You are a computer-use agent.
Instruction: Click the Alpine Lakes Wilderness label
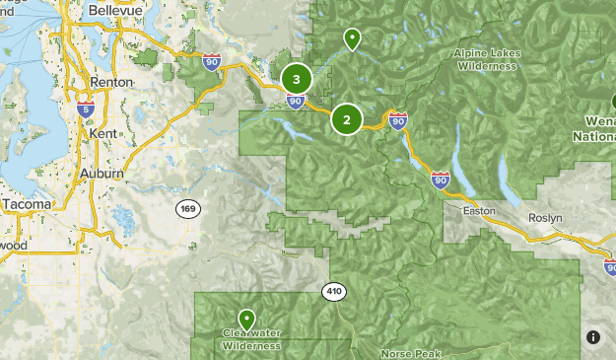(x=485, y=59)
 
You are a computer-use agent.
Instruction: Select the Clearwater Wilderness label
(x=251, y=339)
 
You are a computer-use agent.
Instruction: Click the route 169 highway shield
(x=188, y=208)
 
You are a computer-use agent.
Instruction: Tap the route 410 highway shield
(x=333, y=292)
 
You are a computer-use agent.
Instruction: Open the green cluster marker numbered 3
(x=297, y=79)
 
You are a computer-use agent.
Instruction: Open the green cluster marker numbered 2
(x=346, y=119)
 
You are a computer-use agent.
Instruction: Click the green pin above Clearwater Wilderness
(x=245, y=320)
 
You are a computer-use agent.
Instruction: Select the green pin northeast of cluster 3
(x=352, y=38)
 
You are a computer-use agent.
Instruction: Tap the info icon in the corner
(x=593, y=337)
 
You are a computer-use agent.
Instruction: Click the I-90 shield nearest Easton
(x=441, y=180)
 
